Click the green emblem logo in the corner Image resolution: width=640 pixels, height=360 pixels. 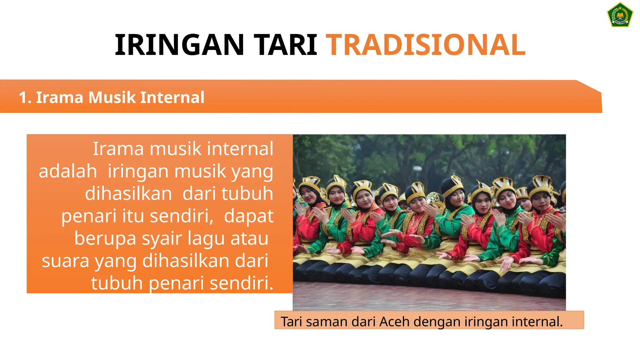pos(620,15)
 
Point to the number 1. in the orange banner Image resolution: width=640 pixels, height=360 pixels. pos(25,97)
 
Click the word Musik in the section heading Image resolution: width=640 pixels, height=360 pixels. pos(112,97)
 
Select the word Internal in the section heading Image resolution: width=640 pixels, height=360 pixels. pos(172,97)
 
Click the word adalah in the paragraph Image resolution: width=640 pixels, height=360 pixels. pos(68,171)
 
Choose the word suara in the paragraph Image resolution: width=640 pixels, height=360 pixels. pos(65,261)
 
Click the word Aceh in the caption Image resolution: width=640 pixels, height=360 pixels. pos(392,322)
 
